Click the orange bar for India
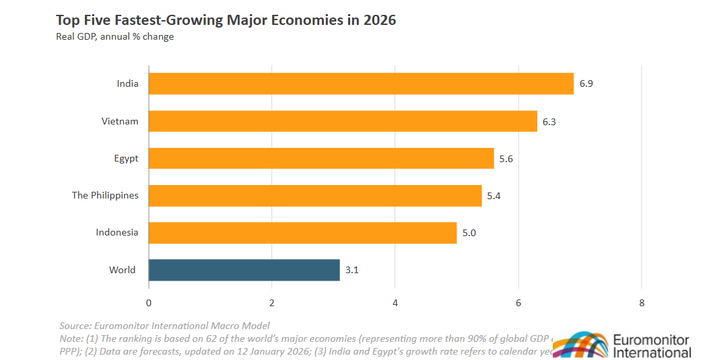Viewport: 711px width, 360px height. pyautogui.click(x=361, y=84)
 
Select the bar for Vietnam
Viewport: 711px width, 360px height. pyautogui.click(x=343, y=121)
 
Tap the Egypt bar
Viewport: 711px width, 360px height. pyautogui.click(x=321, y=158)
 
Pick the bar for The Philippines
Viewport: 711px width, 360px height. pyautogui.click(x=315, y=195)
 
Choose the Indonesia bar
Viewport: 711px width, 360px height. pyautogui.click(x=302, y=233)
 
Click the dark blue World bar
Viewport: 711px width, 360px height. pyautogui.click(x=244, y=270)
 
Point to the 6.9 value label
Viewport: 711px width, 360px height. pyautogui.click(x=586, y=84)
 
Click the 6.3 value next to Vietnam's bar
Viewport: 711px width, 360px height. pyautogui.click(x=549, y=121)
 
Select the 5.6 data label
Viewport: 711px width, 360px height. pyautogui.click(x=506, y=159)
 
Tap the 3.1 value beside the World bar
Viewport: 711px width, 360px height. pyautogui.click(x=352, y=270)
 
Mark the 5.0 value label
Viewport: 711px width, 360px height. pyautogui.click(x=469, y=233)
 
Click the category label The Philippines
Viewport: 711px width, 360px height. pyautogui.click(x=105, y=195)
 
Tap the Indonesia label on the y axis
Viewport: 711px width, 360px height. pyautogui.click(x=117, y=233)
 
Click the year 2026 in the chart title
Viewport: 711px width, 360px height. pyautogui.click(x=380, y=20)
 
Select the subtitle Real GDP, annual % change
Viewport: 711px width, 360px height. pyautogui.click(x=114, y=36)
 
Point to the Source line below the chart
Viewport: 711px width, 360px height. pyautogui.click(x=164, y=326)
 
